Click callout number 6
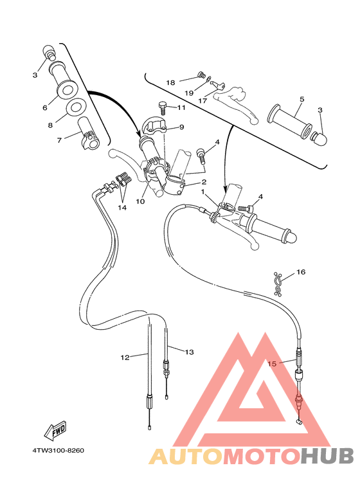click(x=45, y=107)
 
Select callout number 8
click(x=50, y=125)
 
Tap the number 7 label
click(x=59, y=140)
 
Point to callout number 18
click(x=170, y=82)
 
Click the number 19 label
click(x=189, y=93)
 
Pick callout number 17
click(x=202, y=101)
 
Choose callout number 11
click(x=181, y=108)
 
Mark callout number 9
click(x=181, y=127)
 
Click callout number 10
click(x=140, y=201)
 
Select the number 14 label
click(x=122, y=208)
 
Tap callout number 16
click(x=301, y=272)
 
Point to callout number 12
click(x=125, y=357)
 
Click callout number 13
click(x=189, y=352)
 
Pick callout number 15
click(x=272, y=363)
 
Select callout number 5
click(x=301, y=100)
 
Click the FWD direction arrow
click(x=55, y=429)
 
